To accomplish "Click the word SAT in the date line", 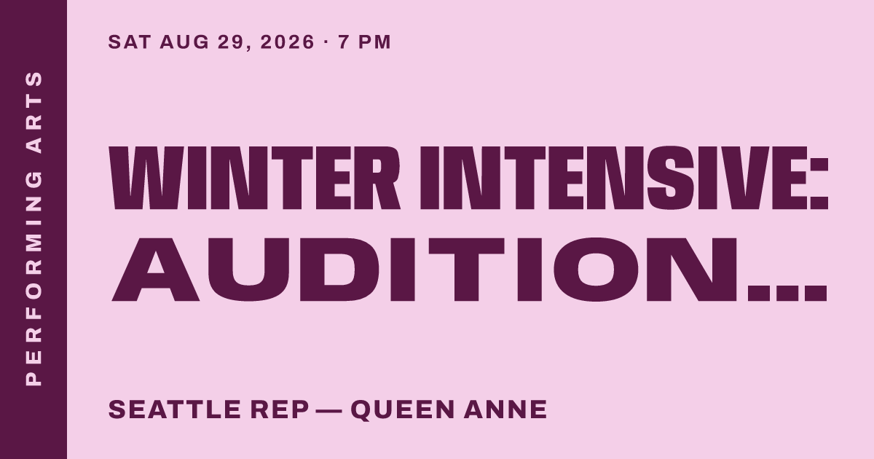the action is [130, 42].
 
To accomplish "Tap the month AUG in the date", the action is [184, 42].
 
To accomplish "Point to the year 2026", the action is [287, 42].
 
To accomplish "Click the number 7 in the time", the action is [343, 42].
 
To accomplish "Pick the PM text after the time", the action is [374, 42].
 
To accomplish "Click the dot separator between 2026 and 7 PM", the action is [326, 42].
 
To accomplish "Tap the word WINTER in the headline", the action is [255, 178].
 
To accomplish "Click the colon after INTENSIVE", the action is [817, 184].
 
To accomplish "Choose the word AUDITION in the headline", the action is [425, 270].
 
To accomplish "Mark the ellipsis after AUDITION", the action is [787, 294].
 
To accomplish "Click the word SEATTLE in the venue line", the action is [175, 409].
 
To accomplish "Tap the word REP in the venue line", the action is [280, 409].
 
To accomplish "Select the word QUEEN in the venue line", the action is [403, 409].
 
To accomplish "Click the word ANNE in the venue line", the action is [505, 409].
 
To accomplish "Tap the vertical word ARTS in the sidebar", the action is [34, 112].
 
